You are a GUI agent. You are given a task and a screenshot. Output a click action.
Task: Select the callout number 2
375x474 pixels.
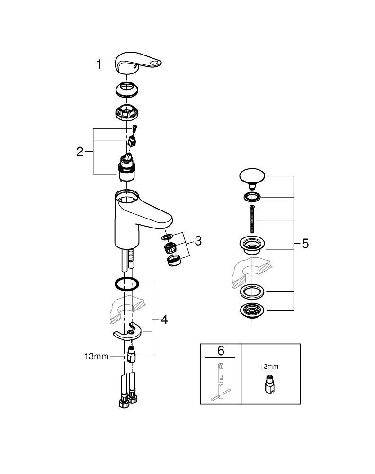point(80,152)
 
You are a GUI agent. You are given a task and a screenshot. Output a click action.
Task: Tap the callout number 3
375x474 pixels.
point(197,241)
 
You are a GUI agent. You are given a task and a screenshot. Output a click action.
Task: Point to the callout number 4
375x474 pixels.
point(164,319)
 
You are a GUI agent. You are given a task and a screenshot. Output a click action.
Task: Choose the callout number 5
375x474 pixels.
point(305,244)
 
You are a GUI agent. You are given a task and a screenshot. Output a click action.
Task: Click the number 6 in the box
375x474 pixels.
point(221,351)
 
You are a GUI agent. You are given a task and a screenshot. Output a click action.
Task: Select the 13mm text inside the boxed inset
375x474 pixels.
point(268,366)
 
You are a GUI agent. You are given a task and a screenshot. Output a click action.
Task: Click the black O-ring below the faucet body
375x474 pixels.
point(126,284)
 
